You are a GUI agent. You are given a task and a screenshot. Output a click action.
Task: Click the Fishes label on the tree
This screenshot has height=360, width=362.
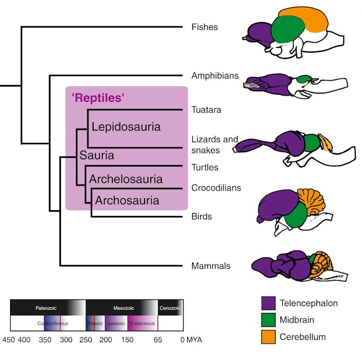click(x=204, y=27)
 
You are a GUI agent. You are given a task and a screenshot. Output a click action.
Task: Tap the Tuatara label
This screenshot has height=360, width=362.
click(x=205, y=110)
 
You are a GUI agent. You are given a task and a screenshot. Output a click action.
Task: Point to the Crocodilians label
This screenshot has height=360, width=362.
click(x=216, y=187)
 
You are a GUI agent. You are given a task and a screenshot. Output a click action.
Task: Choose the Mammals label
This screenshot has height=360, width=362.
click(x=211, y=266)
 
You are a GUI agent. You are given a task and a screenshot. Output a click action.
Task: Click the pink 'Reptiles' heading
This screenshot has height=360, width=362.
click(x=98, y=98)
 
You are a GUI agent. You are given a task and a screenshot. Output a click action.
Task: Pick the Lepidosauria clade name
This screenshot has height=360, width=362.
click(x=126, y=127)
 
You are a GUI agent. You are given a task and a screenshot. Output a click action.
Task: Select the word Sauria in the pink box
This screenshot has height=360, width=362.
click(x=97, y=156)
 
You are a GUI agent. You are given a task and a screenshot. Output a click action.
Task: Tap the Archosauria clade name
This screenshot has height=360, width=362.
click(x=127, y=200)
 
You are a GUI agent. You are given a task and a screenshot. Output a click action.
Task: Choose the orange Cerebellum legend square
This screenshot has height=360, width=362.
click(x=268, y=337)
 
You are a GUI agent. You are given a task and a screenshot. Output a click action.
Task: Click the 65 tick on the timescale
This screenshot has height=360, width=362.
click(x=158, y=340)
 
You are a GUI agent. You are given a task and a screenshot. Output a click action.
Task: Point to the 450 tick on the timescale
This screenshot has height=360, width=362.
click(x=8, y=340)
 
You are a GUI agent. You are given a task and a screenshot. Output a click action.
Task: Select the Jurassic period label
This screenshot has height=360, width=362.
click(x=116, y=324)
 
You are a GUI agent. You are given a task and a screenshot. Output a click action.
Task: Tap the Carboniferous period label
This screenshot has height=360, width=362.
click(x=53, y=324)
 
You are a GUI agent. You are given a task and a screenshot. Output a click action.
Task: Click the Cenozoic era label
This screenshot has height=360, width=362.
click(x=170, y=308)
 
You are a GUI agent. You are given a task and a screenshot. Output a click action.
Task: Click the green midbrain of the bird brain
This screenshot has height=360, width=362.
click(x=297, y=215)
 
